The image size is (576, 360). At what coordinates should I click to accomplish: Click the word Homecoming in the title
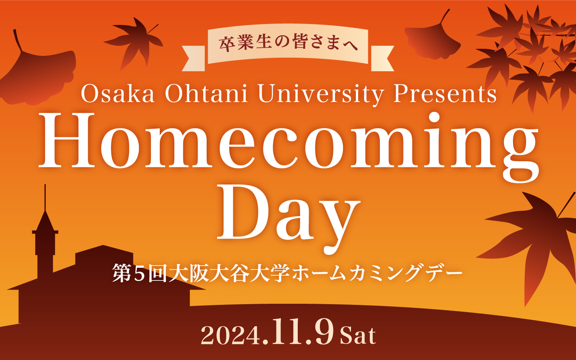(288, 147)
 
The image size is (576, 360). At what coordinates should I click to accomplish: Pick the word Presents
(445, 94)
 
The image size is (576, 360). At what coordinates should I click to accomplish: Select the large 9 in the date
(322, 332)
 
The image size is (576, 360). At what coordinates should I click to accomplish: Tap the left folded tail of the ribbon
(193, 58)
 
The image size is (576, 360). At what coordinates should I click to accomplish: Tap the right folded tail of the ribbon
(382, 58)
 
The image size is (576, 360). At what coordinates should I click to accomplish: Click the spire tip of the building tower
(45, 184)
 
